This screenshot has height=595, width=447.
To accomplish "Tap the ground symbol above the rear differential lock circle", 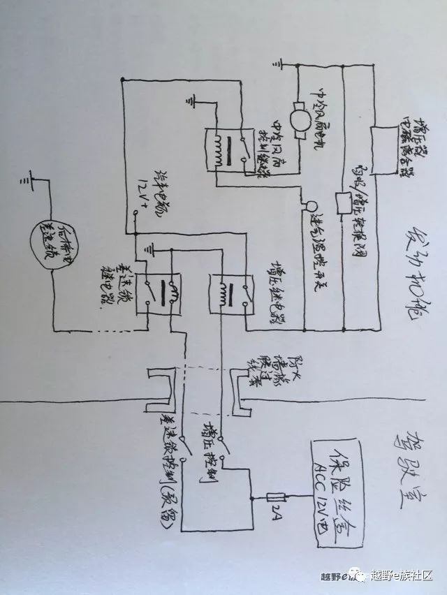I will point(29,181).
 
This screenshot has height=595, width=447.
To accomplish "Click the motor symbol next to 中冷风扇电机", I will point(298,119).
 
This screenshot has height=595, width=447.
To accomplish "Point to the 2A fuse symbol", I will point(276,497).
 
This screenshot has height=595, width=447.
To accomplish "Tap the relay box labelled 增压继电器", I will point(224,293).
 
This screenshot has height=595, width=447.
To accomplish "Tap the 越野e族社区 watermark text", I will point(402,574).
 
